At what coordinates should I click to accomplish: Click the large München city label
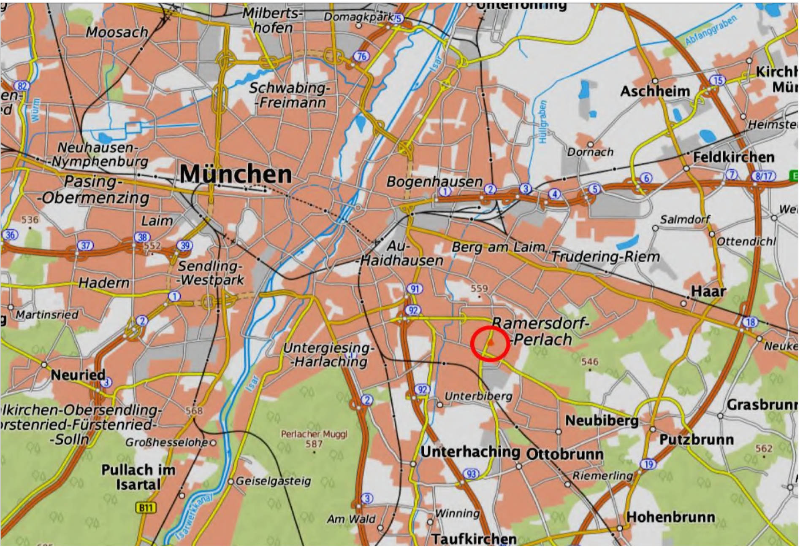click(x=236, y=174)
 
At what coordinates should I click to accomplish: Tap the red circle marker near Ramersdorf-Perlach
click(x=490, y=343)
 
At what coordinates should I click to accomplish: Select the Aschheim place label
click(x=655, y=91)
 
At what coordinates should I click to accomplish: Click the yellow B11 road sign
click(x=145, y=507)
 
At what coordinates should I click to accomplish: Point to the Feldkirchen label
click(x=734, y=157)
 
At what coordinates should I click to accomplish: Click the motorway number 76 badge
click(x=361, y=56)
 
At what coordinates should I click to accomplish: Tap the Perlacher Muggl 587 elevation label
click(x=314, y=439)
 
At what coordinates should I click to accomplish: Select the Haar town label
click(x=708, y=291)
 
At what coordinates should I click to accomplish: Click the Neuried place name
click(x=78, y=375)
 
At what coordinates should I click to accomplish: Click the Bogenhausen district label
click(x=434, y=182)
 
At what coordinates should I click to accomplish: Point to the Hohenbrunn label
click(x=670, y=517)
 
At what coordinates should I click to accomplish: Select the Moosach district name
click(x=117, y=32)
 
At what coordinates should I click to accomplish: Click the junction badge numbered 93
click(x=471, y=474)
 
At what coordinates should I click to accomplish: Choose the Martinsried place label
click(x=47, y=315)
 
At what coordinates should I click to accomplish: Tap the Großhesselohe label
click(x=167, y=442)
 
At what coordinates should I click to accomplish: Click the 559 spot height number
click(x=479, y=288)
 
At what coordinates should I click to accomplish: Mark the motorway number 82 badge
click(x=22, y=86)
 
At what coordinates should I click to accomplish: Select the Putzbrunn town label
click(x=697, y=439)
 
